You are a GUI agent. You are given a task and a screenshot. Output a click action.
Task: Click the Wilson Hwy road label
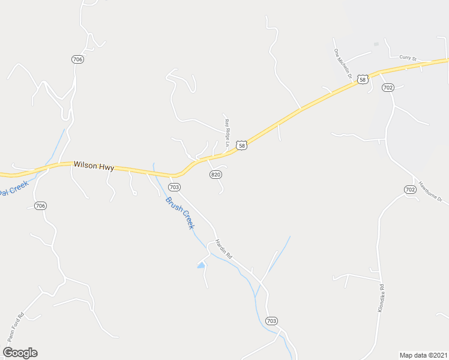tap(94, 165)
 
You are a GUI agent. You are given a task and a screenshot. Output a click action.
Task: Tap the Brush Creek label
tap(180, 213)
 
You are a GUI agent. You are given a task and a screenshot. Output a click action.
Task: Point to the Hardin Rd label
tap(224, 249)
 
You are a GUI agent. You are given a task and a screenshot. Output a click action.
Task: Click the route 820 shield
tap(216, 174)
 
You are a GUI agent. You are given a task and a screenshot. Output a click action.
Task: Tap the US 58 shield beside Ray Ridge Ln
tap(241, 146)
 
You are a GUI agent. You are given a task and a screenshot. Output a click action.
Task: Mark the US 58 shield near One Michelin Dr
tap(362, 79)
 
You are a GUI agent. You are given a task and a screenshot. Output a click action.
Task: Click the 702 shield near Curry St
tap(388, 88)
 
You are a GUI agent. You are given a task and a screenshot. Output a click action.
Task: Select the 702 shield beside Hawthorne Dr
tap(410, 190)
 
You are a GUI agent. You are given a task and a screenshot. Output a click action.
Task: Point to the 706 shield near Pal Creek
tap(41, 206)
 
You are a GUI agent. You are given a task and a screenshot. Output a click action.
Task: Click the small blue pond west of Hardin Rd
tap(201, 264)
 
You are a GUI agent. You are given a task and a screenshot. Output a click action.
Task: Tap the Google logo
tap(20, 353)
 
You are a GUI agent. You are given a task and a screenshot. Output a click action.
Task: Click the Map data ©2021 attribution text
tap(423, 355)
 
